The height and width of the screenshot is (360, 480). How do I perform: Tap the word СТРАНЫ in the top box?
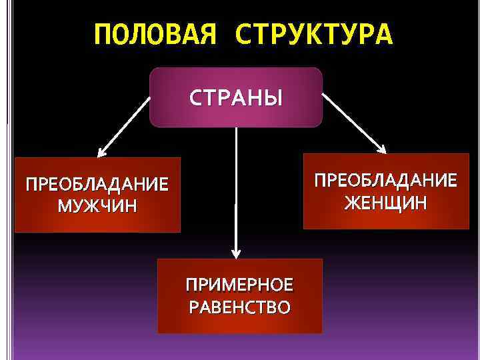pyautogui.click(x=236, y=98)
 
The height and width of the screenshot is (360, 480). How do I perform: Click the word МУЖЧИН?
pyautogui.click(x=97, y=205)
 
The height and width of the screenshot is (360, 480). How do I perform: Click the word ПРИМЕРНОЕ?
pyautogui.click(x=239, y=286)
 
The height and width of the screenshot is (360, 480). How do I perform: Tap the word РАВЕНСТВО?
pyautogui.click(x=239, y=308)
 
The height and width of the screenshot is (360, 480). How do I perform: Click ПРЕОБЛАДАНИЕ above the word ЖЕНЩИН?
pyautogui.click(x=386, y=180)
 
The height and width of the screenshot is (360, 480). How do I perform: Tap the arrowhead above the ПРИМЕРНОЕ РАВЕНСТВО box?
pyautogui.click(x=235, y=253)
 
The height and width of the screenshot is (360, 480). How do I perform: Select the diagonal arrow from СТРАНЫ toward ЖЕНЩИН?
pyautogui.click(x=353, y=120)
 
